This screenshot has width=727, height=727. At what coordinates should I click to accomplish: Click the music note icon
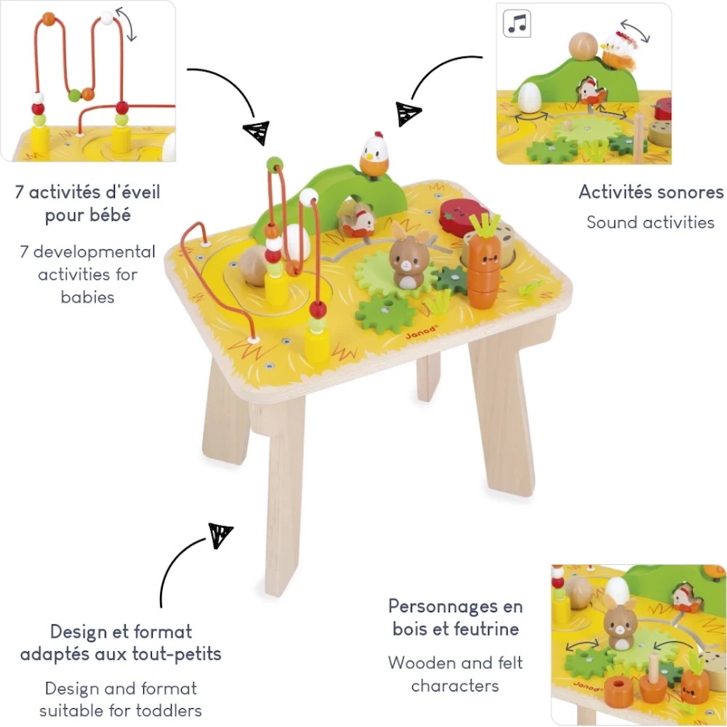(x=517, y=24)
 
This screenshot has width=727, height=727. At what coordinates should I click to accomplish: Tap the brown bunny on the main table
(x=409, y=257)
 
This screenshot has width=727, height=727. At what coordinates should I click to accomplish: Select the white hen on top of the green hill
(x=374, y=154)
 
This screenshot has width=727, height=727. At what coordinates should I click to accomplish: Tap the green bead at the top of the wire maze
(x=275, y=164)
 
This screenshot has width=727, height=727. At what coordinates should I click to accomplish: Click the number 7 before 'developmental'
(x=24, y=252)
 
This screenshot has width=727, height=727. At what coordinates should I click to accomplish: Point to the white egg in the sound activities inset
(x=529, y=97)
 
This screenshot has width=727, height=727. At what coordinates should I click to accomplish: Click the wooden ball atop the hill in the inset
(x=583, y=46)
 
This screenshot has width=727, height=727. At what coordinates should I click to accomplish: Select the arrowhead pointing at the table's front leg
(x=220, y=534)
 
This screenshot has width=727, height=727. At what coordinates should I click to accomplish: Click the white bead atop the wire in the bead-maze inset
(x=107, y=18)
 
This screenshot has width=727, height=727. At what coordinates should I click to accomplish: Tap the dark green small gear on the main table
(x=451, y=280)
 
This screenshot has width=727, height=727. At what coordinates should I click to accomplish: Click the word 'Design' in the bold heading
(x=75, y=632)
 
